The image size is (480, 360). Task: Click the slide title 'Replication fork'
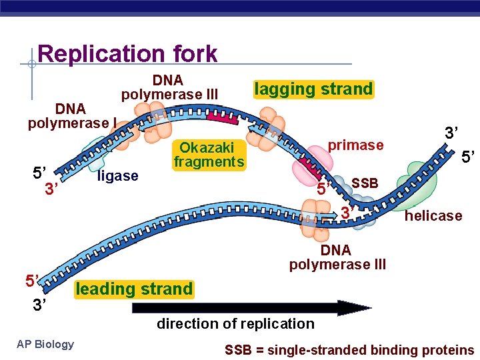pyautogui.click(x=127, y=53)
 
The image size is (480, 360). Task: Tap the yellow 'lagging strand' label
pyautogui.click(x=314, y=89)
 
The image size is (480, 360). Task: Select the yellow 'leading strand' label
pyautogui.click(x=134, y=289)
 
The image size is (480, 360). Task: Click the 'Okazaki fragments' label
pyautogui.click(x=209, y=154)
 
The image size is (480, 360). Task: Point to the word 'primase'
pyautogui.click(x=355, y=145)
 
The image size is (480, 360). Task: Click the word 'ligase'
pyautogui.click(x=118, y=176)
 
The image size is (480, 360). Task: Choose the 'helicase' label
pyautogui.click(x=433, y=215)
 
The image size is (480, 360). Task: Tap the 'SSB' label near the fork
pyautogui.click(x=365, y=183)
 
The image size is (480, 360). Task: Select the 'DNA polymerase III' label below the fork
pyautogui.click(x=337, y=257)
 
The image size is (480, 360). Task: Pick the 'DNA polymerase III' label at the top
pyautogui.click(x=169, y=87)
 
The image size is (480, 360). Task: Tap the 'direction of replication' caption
pyautogui.click(x=235, y=324)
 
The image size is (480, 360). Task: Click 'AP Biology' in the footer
pyautogui.click(x=45, y=344)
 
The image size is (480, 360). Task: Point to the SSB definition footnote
pyautogui.click(x=349, y=350)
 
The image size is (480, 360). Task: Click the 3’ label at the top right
pyautogui.click(x=453, y=133)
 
